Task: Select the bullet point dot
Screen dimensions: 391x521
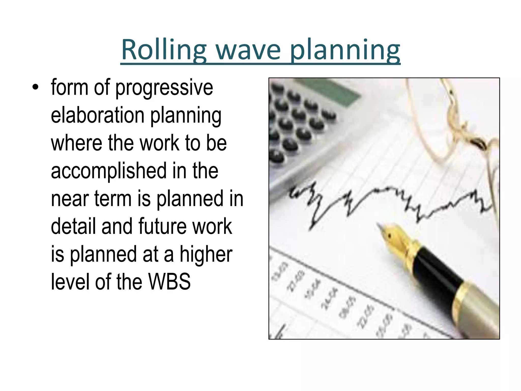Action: [x=35, y=87]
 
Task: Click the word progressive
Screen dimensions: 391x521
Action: [x=164, y=88]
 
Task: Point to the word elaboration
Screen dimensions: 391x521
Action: [x=98, y=115]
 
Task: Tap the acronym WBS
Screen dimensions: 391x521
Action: [x=169, y=282]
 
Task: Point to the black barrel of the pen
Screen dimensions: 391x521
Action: [x=438, y=270]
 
